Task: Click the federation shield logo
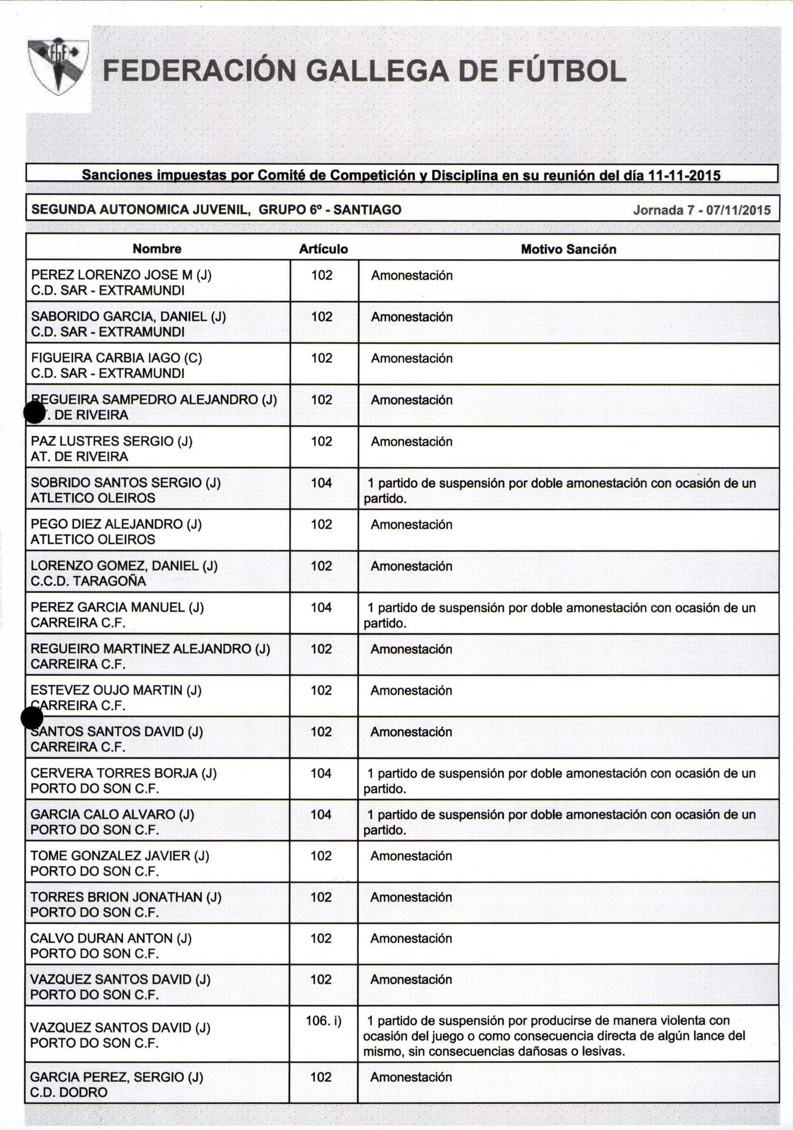pyautogui.click(x=58, y=67)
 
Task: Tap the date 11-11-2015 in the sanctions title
pyautogui.click(x=684, y=176)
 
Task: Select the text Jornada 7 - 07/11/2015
pyautogui.click(x=701, y=211)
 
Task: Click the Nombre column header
pyautogui.click(x=156, y=249)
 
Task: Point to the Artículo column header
pyautogui.click(x=323, y=249)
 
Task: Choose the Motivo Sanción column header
pyautogui.click(x=568, y=249)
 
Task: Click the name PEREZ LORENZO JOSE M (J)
pyautogui.click(x=121, y=275)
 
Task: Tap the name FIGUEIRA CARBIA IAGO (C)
pyautogui.click(x=116, y=358)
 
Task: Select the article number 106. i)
pyautogui.click(x=323, y=1021)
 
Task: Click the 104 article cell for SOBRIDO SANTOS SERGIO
pyautogui.click(x=321, y=483)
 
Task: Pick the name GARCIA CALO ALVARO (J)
pyautogui.click(x=113, y=814)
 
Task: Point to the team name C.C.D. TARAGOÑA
pyautogui.click(x=88, y=581)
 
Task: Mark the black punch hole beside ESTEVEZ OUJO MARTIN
pyautogui.click(x=32, y=718)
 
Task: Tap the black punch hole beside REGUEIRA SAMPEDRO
pyautogui.click(x=34, y=412)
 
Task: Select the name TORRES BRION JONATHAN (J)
pyautogui.click(x=126, y=897)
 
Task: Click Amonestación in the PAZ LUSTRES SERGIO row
pyautogui.click(x=411, y=441)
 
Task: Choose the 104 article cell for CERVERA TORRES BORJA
pyautogui.click(x=321, y=773)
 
